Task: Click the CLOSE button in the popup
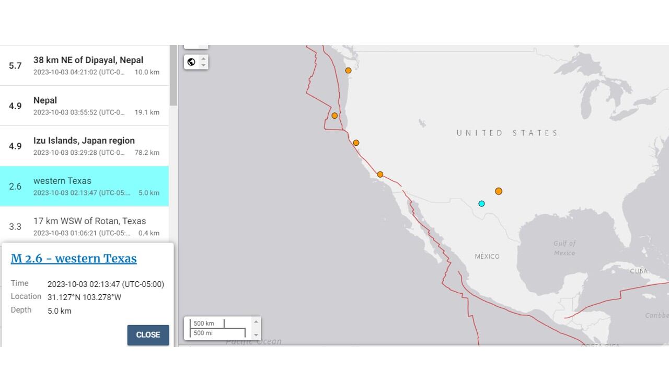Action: pos(148,335)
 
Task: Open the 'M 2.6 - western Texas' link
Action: pos(74,259)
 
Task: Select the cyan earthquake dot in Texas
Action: pos(481,204)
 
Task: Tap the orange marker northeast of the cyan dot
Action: pos(499,191)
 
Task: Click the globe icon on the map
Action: pos(191,62)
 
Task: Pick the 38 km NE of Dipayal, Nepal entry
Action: pos(88,61)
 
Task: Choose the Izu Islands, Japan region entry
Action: pos(84,141)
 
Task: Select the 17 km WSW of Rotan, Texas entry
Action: pos(89,221)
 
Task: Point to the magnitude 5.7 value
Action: pos(15,66)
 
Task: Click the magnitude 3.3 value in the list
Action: pos(15,227)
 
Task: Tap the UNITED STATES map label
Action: pos(507,133)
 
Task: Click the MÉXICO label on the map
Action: pos(487,257)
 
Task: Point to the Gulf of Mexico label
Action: pos(564,248)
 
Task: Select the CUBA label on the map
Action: pos(639,271)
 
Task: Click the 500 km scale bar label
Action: pos(204,324)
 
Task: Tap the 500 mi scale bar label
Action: pos(203,333)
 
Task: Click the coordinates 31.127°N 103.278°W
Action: pos(84,297)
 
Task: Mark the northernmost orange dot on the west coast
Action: pos(348,71)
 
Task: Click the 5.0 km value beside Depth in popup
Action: pos(59,311)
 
